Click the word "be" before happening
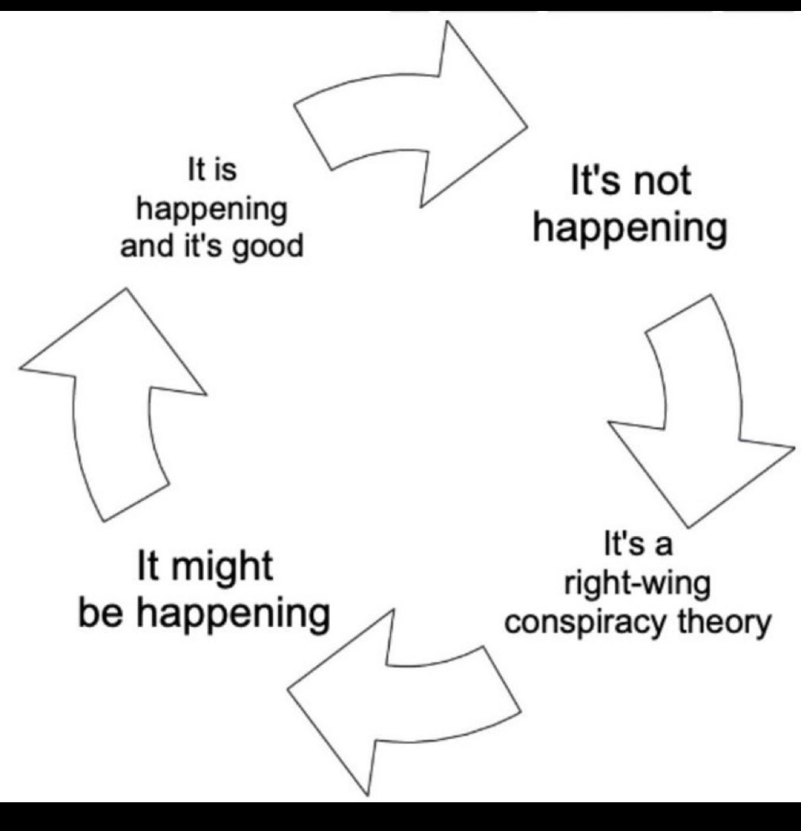[102, 611]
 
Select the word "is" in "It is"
[225, 170]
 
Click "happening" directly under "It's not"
[630, 229]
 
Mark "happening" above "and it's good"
[212, 209]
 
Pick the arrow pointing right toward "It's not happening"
[418, 116]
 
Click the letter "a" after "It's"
[663, 546]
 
